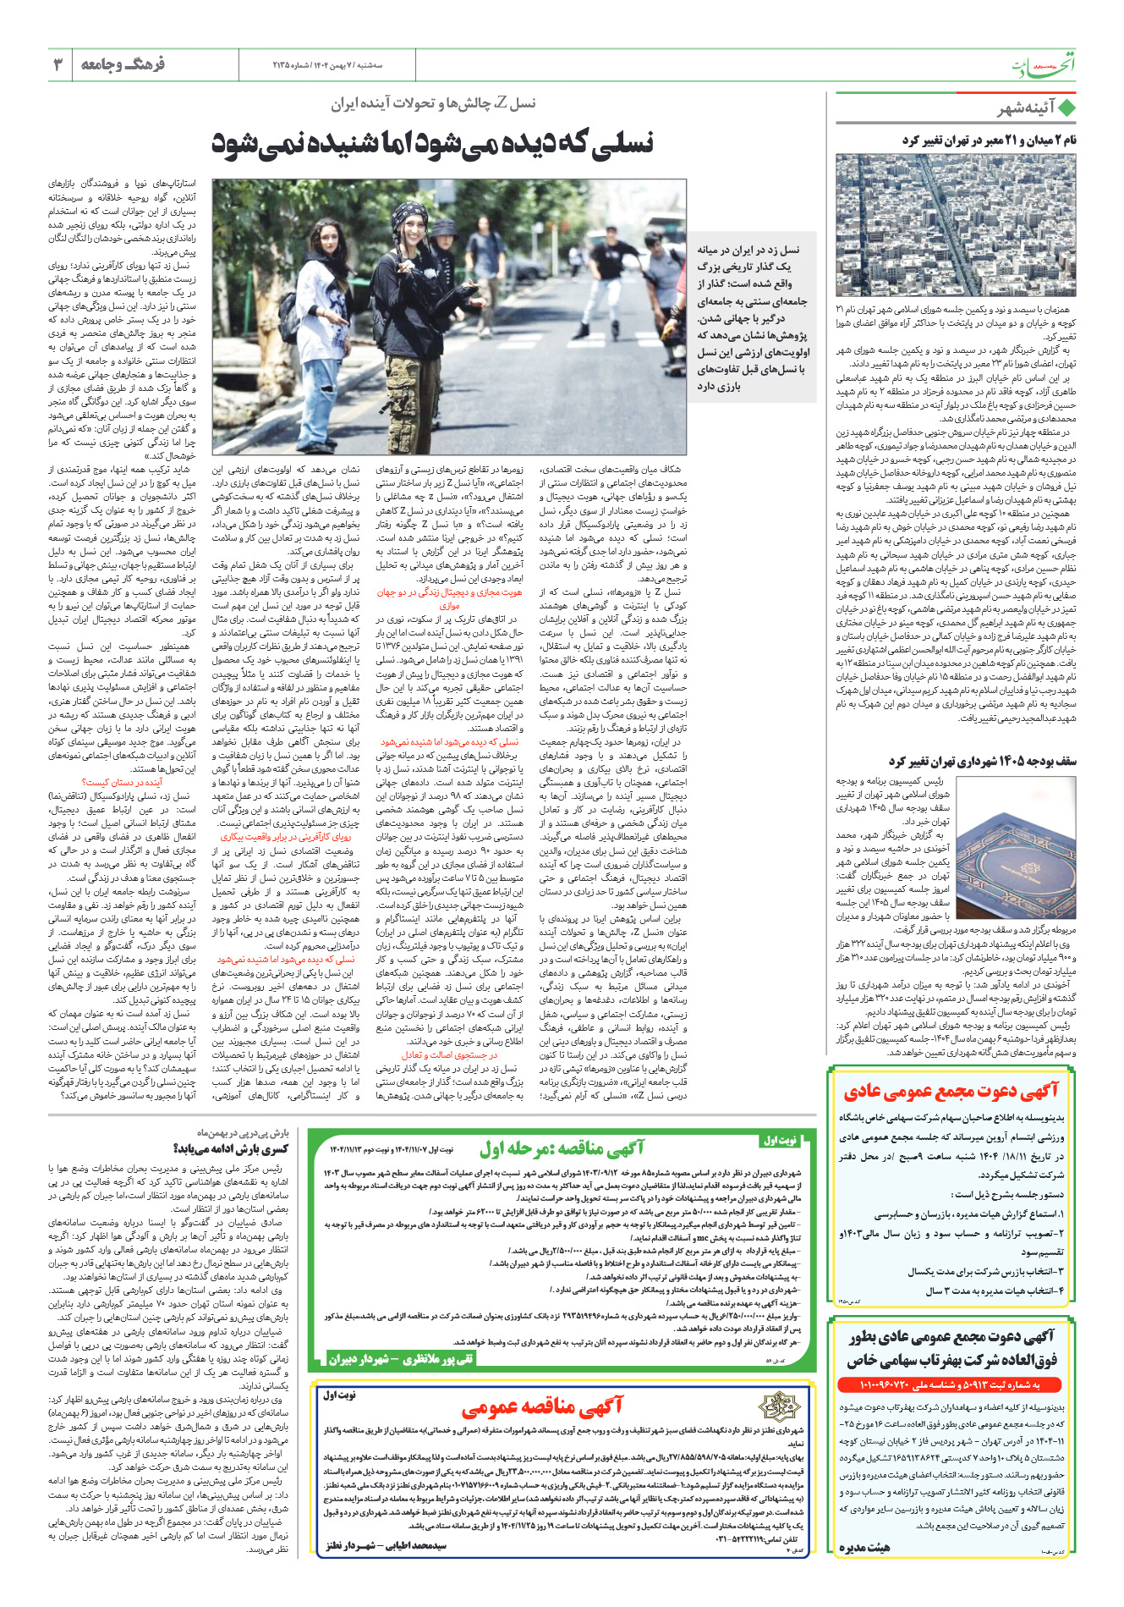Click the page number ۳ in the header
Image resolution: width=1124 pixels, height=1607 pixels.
tap(58, 64)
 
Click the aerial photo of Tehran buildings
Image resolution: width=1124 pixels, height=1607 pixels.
tap(956, 224)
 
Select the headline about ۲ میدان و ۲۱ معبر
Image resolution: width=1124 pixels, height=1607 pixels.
tap(989, 140)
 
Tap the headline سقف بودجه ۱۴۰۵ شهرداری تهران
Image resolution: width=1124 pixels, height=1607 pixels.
tap(982, 761)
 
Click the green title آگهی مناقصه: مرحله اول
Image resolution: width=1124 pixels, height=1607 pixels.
tap(562, 1148)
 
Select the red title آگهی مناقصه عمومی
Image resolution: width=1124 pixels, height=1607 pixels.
tap(541, 1406)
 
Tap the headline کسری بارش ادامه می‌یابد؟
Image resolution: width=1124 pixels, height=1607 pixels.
tap(230, 1149)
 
